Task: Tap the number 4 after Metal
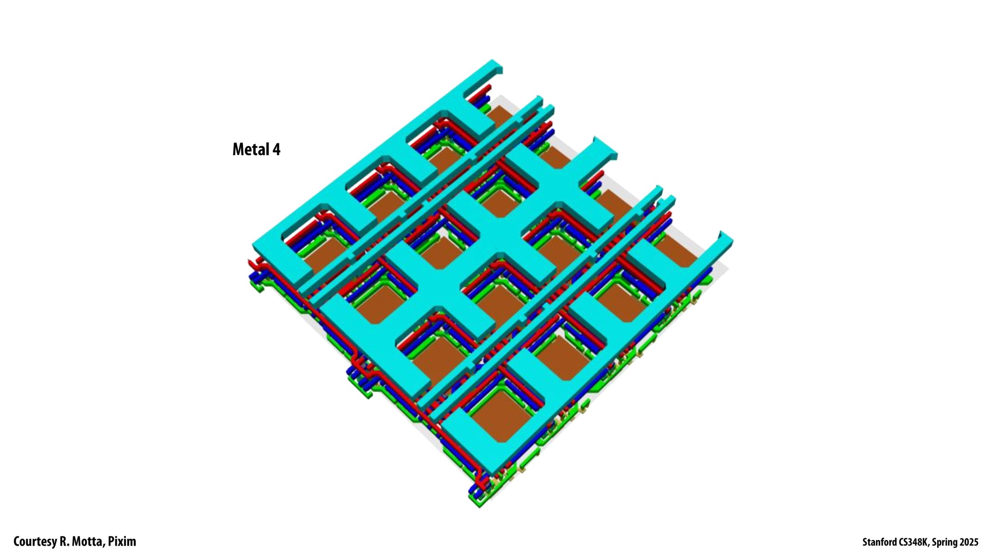point(276,149)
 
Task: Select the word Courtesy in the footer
point(34,542)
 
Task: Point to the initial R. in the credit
point(64,542)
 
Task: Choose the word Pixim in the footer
point(122,542)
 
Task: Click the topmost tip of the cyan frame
point(493,61)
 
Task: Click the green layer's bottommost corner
point(479,506)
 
